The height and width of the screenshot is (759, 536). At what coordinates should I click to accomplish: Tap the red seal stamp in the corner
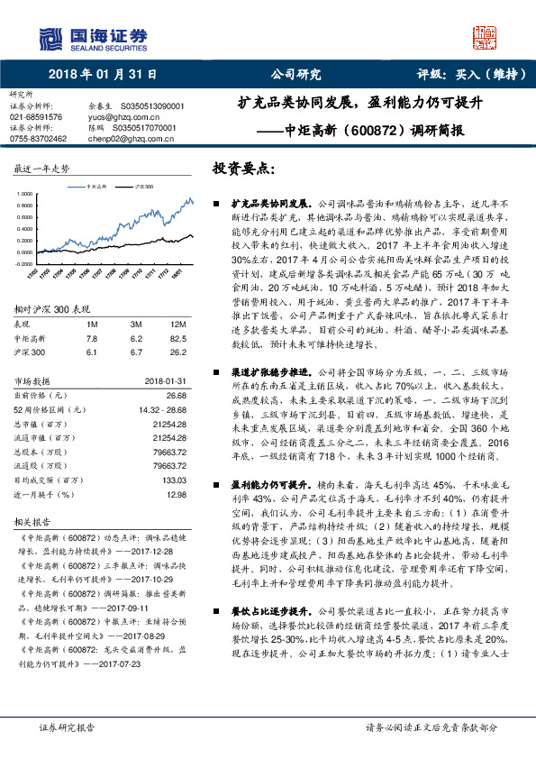[486, 38]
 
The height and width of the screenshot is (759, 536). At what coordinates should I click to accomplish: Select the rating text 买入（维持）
[487, 75]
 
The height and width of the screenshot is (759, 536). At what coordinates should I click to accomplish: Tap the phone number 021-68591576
[36, 117]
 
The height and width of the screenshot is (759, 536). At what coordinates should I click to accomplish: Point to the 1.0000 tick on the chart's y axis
[24, 193]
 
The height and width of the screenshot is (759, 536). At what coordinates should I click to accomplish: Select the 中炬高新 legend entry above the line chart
[94, 186]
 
